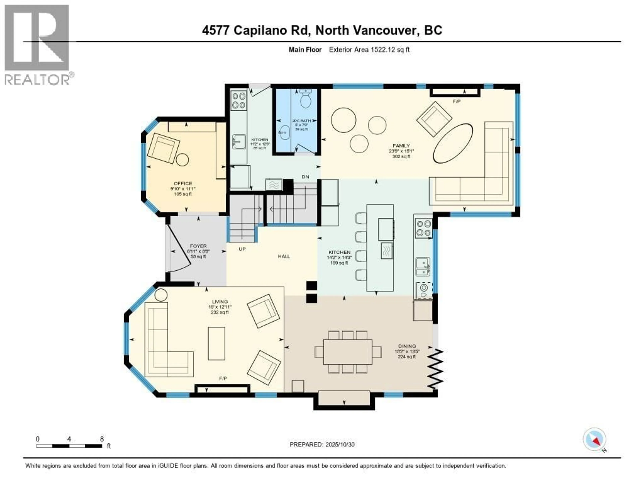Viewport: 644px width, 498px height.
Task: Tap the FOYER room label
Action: pyautogui.click(x=198, y=246)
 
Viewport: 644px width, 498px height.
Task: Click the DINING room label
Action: pyautogui.click(x=407, y=346)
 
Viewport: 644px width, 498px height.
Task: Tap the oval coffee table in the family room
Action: pyautogui.click(x=453, y=143)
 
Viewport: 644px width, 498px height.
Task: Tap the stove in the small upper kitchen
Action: pyautogui.click(x=238, y=100)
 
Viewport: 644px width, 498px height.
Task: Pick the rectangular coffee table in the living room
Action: pyautogui.click(x=217, y=343)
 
